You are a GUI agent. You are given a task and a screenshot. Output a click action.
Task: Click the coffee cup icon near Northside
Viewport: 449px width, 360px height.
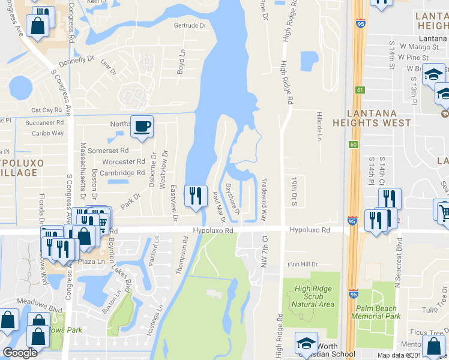(142, 127)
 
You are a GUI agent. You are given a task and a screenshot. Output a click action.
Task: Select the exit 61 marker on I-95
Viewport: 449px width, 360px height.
(360, 90)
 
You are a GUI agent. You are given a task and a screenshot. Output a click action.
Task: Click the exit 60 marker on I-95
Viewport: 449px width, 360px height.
(354, 145)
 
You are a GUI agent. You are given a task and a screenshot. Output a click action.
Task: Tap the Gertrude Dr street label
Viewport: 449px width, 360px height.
(189, 26)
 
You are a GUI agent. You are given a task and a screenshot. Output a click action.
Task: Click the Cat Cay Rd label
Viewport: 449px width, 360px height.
(47, 110)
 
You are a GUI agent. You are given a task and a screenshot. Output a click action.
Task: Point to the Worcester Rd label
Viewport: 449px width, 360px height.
(124, 161)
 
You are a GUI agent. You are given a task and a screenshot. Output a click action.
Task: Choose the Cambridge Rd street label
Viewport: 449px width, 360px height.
(124, 172)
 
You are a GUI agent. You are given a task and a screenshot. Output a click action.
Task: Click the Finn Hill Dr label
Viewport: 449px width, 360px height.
(301, 264)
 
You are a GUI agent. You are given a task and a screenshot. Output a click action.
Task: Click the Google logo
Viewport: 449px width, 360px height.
(20, 353)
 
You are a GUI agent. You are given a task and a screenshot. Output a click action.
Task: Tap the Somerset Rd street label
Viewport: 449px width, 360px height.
(108, 151)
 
